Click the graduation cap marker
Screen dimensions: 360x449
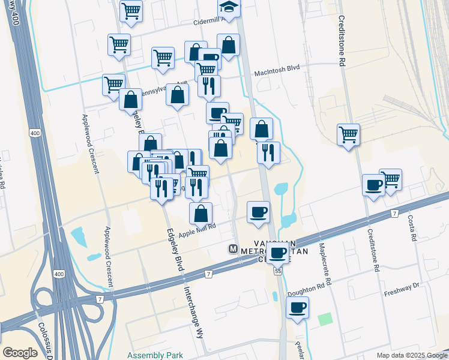(228, 8)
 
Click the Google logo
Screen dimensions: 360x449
(20, 353)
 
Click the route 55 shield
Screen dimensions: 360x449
(279, 271)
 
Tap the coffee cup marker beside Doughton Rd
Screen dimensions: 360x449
(297, 308)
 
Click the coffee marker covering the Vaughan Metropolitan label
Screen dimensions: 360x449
(277, 253)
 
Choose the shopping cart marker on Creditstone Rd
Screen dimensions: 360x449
(348, 134)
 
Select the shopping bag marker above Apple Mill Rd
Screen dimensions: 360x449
(200, 213)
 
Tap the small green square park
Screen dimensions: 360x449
(325, 319)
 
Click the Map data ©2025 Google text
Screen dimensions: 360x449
(411, 355)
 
